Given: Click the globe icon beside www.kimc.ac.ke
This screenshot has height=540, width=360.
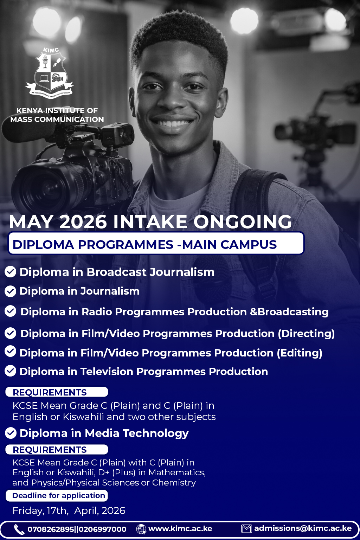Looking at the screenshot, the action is point(141,529).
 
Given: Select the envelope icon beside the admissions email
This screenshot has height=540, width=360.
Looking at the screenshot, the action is point(246,529).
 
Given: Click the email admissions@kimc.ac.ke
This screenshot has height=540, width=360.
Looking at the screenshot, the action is point(303,528).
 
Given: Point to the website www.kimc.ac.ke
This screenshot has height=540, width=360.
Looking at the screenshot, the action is point(180,529).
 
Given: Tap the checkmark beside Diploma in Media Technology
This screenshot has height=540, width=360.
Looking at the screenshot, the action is point(11,433).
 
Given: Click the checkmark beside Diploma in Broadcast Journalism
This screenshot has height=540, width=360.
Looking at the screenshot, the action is point(10,272).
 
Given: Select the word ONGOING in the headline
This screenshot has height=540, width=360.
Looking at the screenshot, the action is point(243,221).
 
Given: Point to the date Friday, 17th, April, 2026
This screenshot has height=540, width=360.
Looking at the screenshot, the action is point(69,510).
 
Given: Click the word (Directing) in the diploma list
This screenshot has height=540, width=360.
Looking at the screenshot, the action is point(306,334).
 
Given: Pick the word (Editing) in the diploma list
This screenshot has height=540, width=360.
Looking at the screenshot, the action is point(300,353).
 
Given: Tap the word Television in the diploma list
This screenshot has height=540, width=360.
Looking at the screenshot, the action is point(107,372).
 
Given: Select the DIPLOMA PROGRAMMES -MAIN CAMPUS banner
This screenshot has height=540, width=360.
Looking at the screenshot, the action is point(156,243).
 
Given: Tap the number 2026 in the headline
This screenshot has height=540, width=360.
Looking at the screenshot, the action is point(83,221).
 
